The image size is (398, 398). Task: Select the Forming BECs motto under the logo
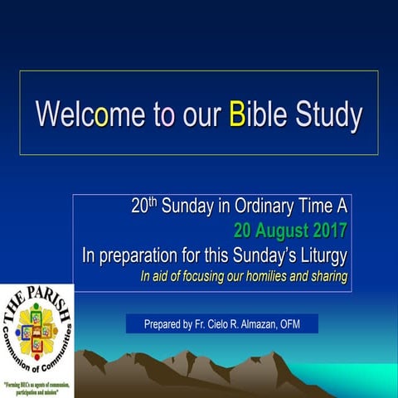click(36, 388)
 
